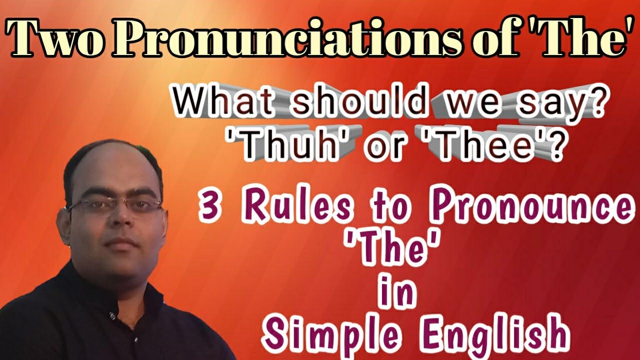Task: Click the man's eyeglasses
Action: pyautogui.click(x=114, y=205)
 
